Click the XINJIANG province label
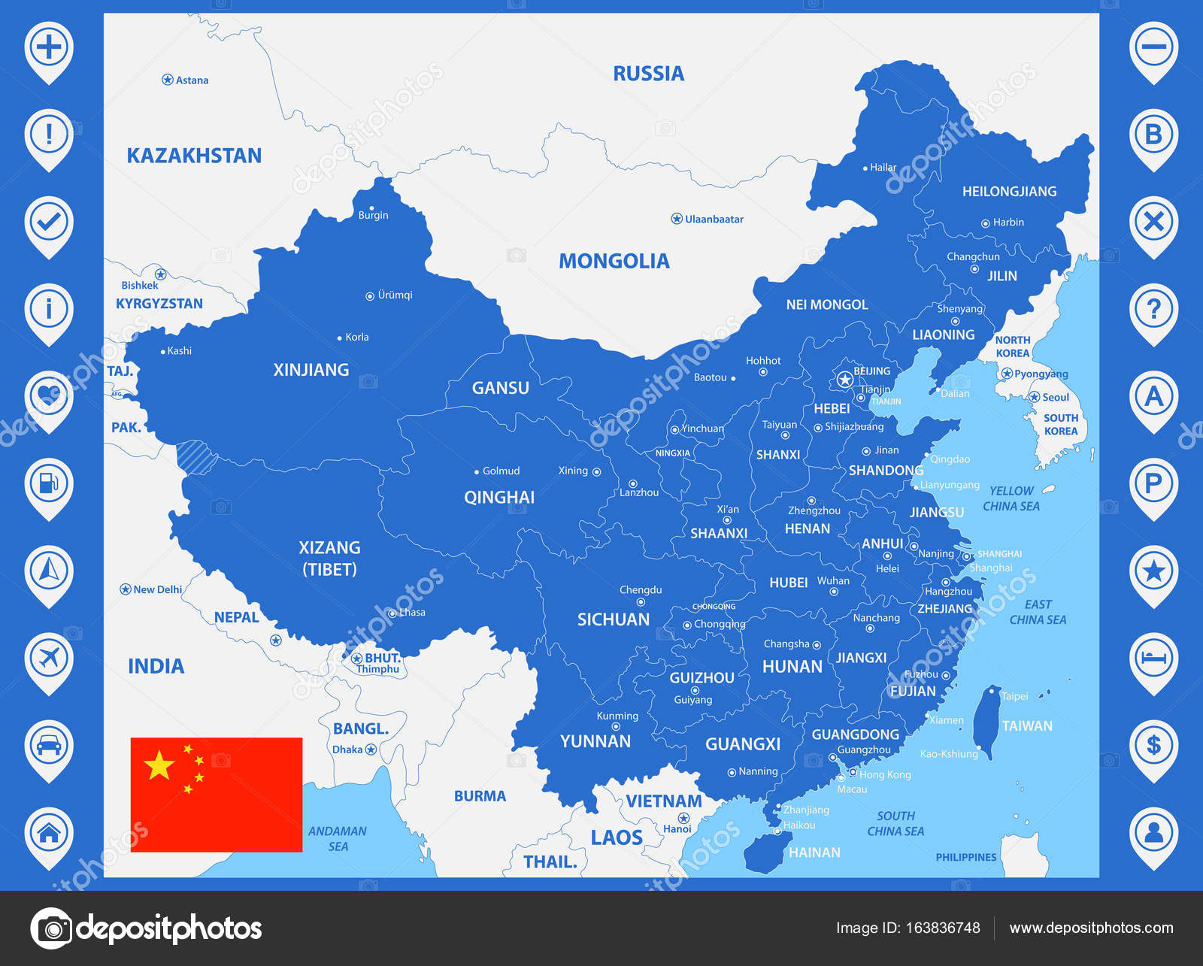311,370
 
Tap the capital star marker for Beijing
844,380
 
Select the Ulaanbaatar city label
714,220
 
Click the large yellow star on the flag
159,765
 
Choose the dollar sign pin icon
1153,745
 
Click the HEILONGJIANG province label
1009,192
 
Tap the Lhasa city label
412,613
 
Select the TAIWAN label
1027,726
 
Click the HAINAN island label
814,852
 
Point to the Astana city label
192,80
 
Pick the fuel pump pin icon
49,483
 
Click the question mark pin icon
1153,308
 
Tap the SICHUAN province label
613,619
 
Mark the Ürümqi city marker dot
369,296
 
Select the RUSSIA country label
648,74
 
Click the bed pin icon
1153,658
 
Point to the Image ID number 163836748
942,928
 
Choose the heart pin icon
49,395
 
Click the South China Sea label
895,824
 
